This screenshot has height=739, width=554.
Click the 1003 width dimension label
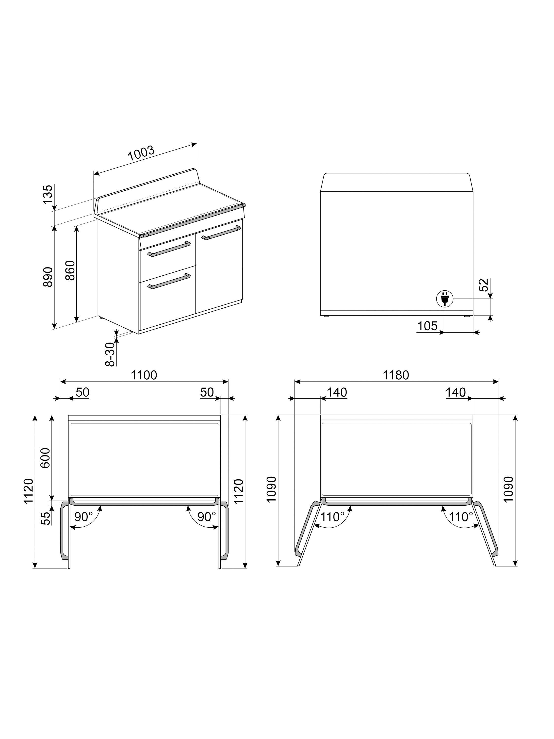click(x=141, y=153)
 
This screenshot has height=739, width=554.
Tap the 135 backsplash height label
click(x=48, y=194)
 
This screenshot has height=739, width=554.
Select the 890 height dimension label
click(x=48, y=277)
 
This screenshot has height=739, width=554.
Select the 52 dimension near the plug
click(x=484, y=285)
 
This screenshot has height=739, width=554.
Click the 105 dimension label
click(x=427, y=326)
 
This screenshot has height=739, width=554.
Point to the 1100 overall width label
click(x=144, y=375)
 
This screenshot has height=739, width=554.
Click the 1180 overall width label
click(x=396, y=375)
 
